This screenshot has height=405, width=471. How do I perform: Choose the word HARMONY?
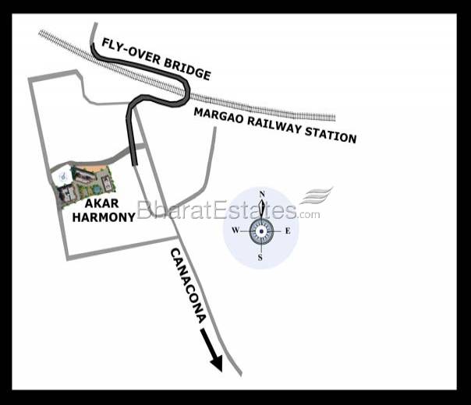point(103,218)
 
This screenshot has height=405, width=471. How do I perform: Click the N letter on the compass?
point(262,194)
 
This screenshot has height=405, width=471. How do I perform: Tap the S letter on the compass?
point(260,258)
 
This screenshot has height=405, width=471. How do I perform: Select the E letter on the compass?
point(287,231)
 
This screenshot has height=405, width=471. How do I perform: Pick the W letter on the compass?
point(235,231)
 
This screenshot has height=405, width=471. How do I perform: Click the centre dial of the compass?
point(261,231)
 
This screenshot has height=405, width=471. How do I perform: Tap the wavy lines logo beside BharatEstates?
point(317,195)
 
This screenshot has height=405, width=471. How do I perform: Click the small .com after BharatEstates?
point(309,214)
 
